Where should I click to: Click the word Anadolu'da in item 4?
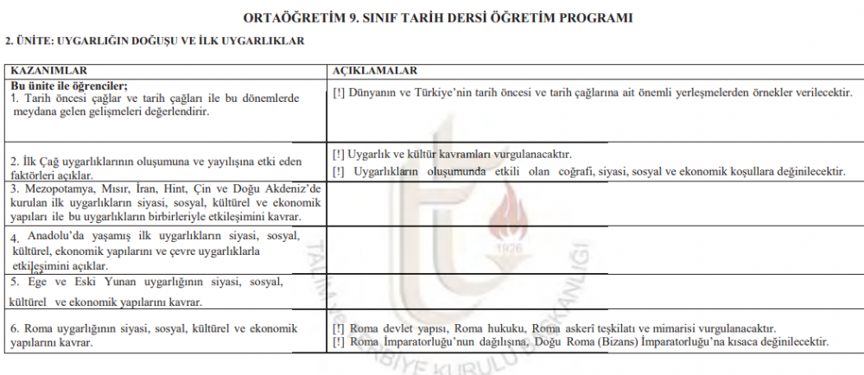pyautogui.click(x=54, y=236)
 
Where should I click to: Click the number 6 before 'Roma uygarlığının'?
pyautogui.click(x=14, y=328)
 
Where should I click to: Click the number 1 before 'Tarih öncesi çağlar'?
pyautogui.click(x=14, y=98)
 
